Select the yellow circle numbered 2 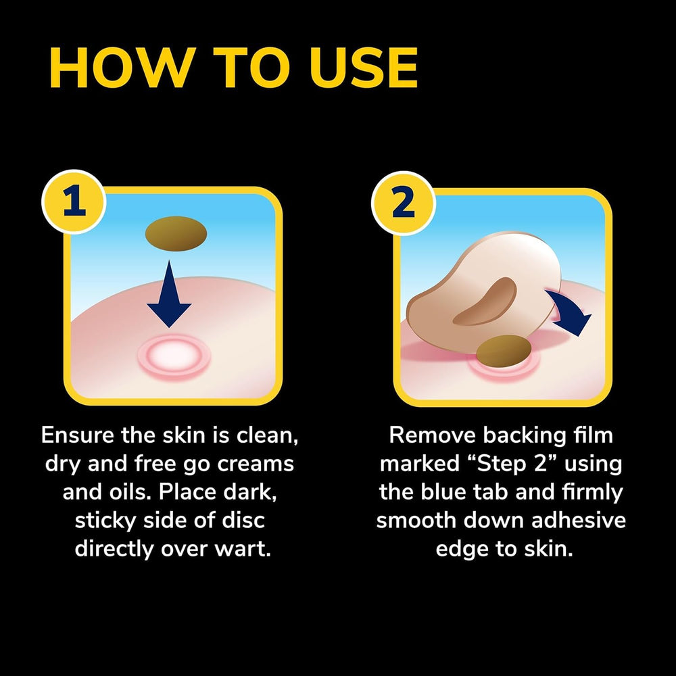coord(404,203)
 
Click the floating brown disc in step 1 coord(176,234)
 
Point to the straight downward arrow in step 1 coord(169,293)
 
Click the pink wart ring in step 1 coord(174,356)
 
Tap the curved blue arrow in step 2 coord(569,312)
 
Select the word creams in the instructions coord(256,464)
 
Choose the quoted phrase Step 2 coord(512,464)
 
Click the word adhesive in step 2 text coord(579,520)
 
